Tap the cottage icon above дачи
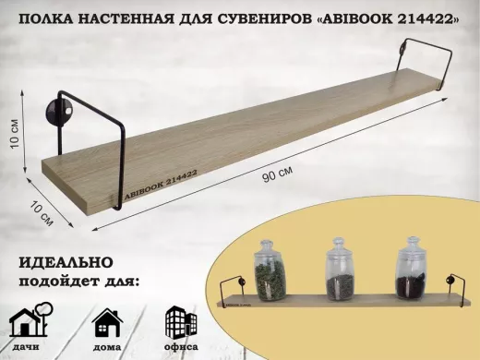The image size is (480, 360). [30, 322]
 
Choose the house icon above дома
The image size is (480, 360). [107, 322]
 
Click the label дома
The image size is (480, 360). [107, 348]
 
